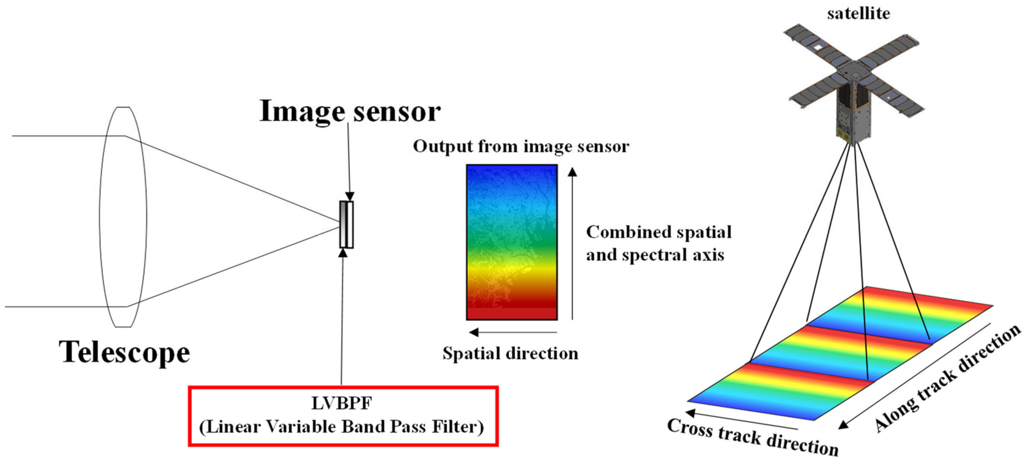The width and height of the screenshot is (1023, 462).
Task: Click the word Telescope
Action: click(x=124, y=352)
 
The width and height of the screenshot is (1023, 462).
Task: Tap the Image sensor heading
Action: click(x=349, y=111)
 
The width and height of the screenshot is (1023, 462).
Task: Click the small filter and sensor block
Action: click(x=346, y=225)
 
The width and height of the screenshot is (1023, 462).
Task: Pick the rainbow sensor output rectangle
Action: click(x=511, y=242)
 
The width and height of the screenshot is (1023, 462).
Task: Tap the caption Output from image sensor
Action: click(x=521, y=146)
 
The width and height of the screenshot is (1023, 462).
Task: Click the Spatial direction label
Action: click(x=510, y=353)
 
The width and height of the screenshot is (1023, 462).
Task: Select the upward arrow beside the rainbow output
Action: click(x=572, y=242)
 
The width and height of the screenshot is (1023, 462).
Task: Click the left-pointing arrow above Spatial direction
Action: click(x=512, y=332)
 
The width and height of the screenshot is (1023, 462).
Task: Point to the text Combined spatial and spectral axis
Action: click(x=658, y=243)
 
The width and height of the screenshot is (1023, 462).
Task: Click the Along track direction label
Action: click(x=947, y=379)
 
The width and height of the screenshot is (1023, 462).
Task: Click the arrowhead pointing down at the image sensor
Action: click(x=349, y=196)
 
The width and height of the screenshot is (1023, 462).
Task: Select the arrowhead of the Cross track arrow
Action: click(x=691, y=413)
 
